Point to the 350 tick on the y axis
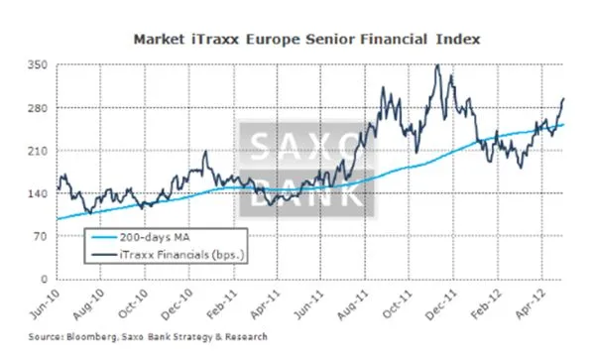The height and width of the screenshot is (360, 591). click(x=39, y=64)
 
